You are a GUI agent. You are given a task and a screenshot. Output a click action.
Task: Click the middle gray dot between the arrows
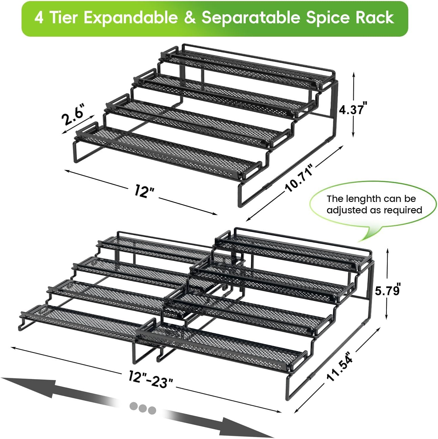tap(143, 408)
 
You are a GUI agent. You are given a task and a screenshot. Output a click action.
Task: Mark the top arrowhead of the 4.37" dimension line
tap(354, 75)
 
